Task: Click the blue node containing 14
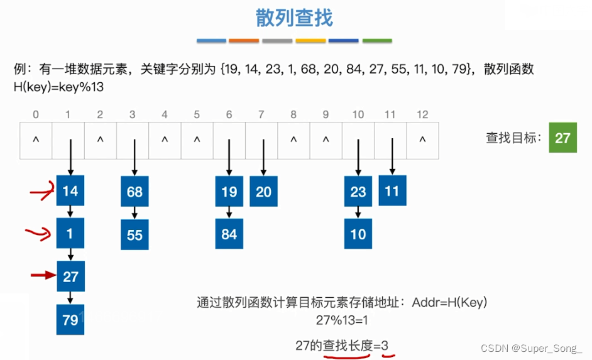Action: coord(70,190)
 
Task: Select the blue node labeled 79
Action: coord(70,320)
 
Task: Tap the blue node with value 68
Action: coord(134,192)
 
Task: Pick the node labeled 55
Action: coord(134,234)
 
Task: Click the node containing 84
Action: coord(229,234)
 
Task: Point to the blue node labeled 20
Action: coord(263,192)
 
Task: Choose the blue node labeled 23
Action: coord(358,192)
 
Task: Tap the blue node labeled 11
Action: coord(392,190)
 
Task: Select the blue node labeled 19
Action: coord(229,192)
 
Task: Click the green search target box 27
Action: coord(562,137)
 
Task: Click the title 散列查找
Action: coord(294,18)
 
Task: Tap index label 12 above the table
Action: coord(422,114)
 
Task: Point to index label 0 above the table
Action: coord(36,114)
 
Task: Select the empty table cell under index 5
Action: coord(197,140)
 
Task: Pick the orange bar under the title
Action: coord(244,41)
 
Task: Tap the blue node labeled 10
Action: coord(358,234)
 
